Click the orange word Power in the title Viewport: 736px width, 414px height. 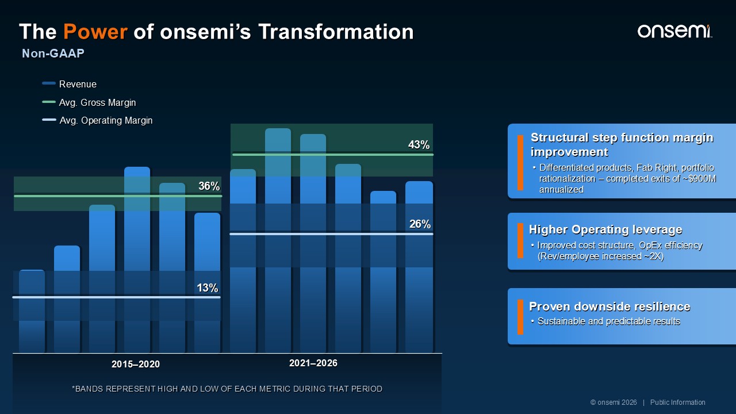coord(95,32)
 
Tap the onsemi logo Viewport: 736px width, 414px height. coord(674,32)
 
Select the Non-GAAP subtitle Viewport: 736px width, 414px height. coord(53,53)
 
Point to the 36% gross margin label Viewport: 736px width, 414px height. coord(209,186)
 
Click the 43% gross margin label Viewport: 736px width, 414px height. coord(419,144)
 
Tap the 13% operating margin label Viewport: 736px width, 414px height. coord(208,288)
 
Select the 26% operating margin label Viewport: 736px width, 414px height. coord(420,224)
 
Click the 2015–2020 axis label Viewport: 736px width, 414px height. coord(135,364)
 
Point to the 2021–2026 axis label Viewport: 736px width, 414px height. coord(313,363)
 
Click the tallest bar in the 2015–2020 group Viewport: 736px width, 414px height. coord(137,259)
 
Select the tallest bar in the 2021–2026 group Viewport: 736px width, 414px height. coord(278,240)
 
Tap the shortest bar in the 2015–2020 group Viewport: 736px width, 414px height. coord(32,311)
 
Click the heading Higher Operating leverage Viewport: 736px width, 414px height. coord(605,229)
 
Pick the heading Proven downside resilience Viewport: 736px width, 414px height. coord(609,306)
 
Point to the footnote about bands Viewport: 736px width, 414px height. coord(227,389)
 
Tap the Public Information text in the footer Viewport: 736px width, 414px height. coord(677,402)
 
